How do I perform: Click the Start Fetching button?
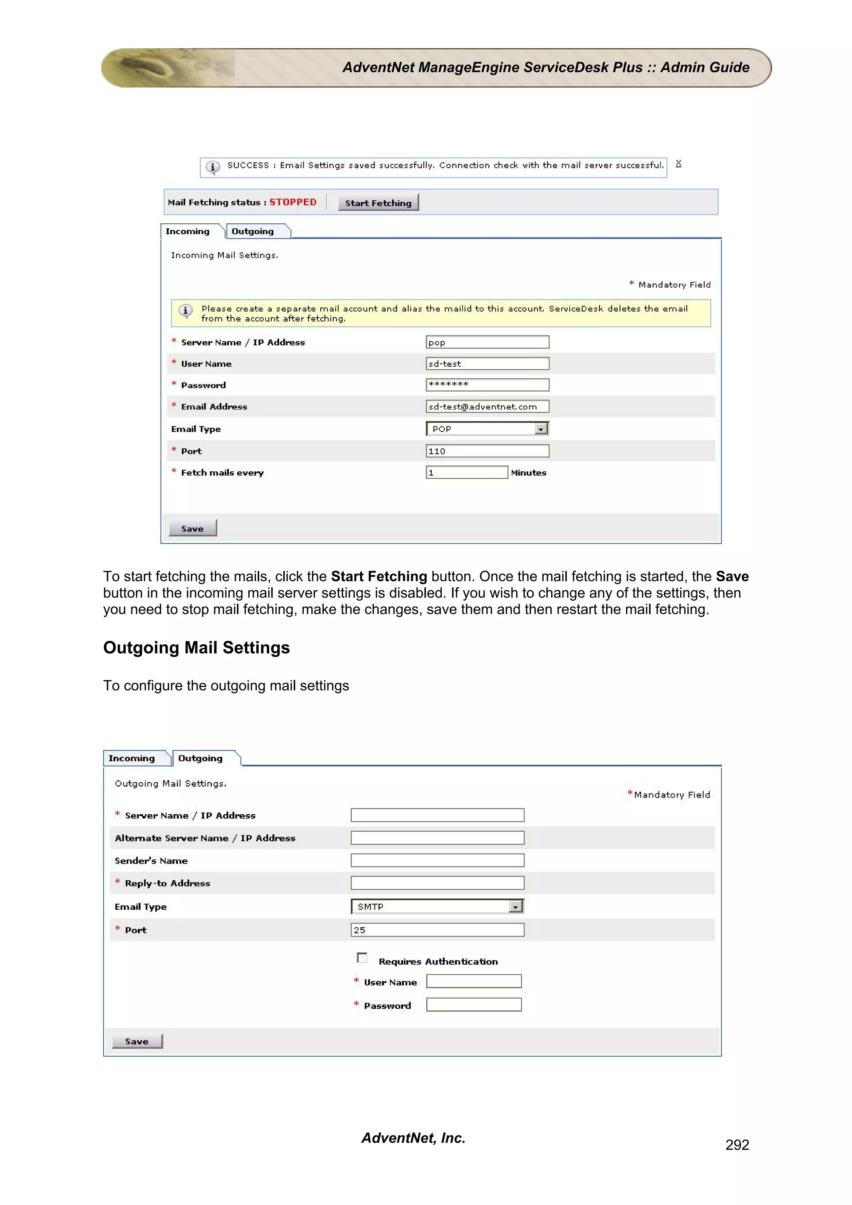(378, 202)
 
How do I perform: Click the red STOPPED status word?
(293, 202)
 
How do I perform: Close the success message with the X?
(678, 164)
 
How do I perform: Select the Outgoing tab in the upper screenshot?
(253, 232)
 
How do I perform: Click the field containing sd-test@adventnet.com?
(487, 407)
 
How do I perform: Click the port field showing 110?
(487, 451)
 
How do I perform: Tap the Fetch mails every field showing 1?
(466, 473)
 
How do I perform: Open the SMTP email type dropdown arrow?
(515, 907)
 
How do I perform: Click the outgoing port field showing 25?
(437, 930)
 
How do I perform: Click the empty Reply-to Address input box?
(437, 883)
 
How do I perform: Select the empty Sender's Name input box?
(437, 861)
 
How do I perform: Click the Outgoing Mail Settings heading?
(196, 648)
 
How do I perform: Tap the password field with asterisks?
(487, 385)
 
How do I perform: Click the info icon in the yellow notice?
(185, 311)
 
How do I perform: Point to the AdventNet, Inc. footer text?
(413, 1138)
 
